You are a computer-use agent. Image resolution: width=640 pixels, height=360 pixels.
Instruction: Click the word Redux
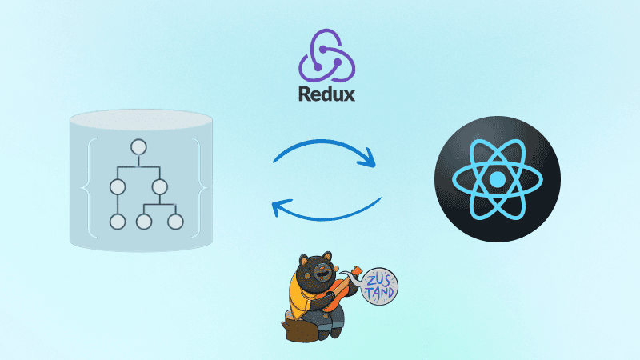pyautogui.click(x=324, y=94)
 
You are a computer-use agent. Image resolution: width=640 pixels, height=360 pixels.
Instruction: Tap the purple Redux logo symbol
pyautogui.click(x=324, y=54)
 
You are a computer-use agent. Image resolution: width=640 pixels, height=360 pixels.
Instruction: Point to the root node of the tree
pyautogui.click(x=138, y=147)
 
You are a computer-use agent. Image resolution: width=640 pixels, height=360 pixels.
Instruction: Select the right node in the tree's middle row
pyautogui.click(x=158, y=189)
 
